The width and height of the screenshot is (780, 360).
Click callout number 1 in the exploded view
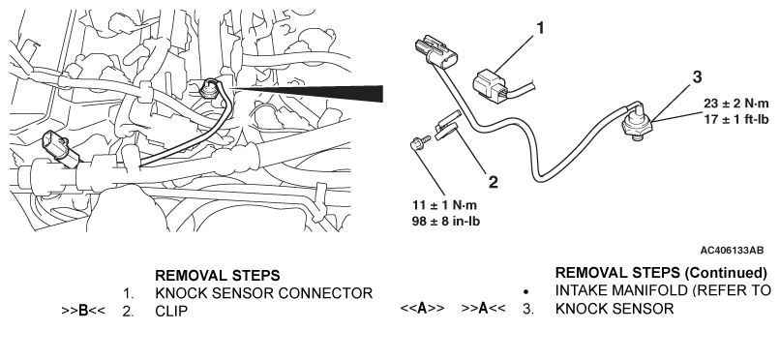tap(539, 28)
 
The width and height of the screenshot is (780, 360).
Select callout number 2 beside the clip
tap(493, 182)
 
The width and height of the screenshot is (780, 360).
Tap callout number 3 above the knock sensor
tap(697, 77)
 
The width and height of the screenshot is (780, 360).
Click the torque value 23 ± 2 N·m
tap(735, 104)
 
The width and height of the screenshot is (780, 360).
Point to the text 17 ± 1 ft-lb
tap(735, 119)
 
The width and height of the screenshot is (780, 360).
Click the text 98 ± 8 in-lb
tap(446, 222)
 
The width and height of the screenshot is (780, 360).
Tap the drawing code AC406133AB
tap(732, 250)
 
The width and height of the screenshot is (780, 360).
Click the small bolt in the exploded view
tap(417, 143)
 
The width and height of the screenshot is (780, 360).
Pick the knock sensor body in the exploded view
tap(638, 131)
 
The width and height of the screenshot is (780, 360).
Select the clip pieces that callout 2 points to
tap(447, 126)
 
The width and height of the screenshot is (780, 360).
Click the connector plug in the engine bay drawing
tap(60, 149)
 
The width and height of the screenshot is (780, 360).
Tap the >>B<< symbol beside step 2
tap(83, 311)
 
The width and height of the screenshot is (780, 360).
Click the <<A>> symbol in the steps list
tap(422, 309)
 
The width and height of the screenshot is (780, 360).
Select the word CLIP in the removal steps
tap(171, 312)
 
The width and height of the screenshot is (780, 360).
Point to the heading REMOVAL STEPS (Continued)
tap(661, 273)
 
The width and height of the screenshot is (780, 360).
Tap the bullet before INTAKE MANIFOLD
tap(526, 292)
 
